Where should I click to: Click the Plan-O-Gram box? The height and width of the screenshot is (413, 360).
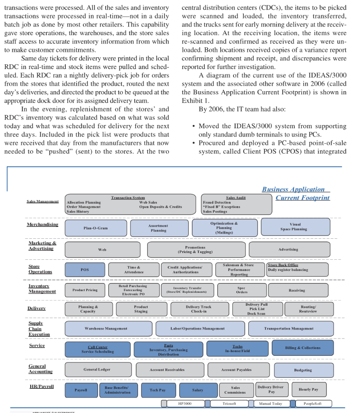[96, 228]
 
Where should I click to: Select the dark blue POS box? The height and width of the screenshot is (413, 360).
[85, 269]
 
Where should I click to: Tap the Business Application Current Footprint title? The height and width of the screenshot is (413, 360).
[296, 193]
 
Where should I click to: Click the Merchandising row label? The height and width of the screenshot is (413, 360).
[42, 224]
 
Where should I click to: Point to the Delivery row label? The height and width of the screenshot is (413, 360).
[36, 308]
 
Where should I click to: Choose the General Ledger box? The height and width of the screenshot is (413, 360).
[97, 369]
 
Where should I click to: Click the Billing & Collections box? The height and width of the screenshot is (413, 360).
[303, 348]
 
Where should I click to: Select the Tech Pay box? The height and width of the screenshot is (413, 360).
[158, 390]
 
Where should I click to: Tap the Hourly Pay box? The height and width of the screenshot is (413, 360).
[308, 389]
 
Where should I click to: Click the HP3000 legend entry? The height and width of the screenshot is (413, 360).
[185, 403]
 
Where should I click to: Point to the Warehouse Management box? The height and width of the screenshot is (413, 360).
[106, 329]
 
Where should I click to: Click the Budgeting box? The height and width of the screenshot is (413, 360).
[303, 370]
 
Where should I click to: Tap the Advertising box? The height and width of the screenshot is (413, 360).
[289, 249]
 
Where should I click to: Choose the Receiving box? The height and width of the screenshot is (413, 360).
[297, 290]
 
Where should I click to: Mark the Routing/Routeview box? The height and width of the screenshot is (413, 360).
[308, 309]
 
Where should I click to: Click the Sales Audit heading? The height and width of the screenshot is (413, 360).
[236, 198]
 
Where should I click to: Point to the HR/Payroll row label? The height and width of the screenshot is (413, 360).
[42, 386]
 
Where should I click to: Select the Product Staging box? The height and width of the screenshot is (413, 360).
[141, 309]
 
